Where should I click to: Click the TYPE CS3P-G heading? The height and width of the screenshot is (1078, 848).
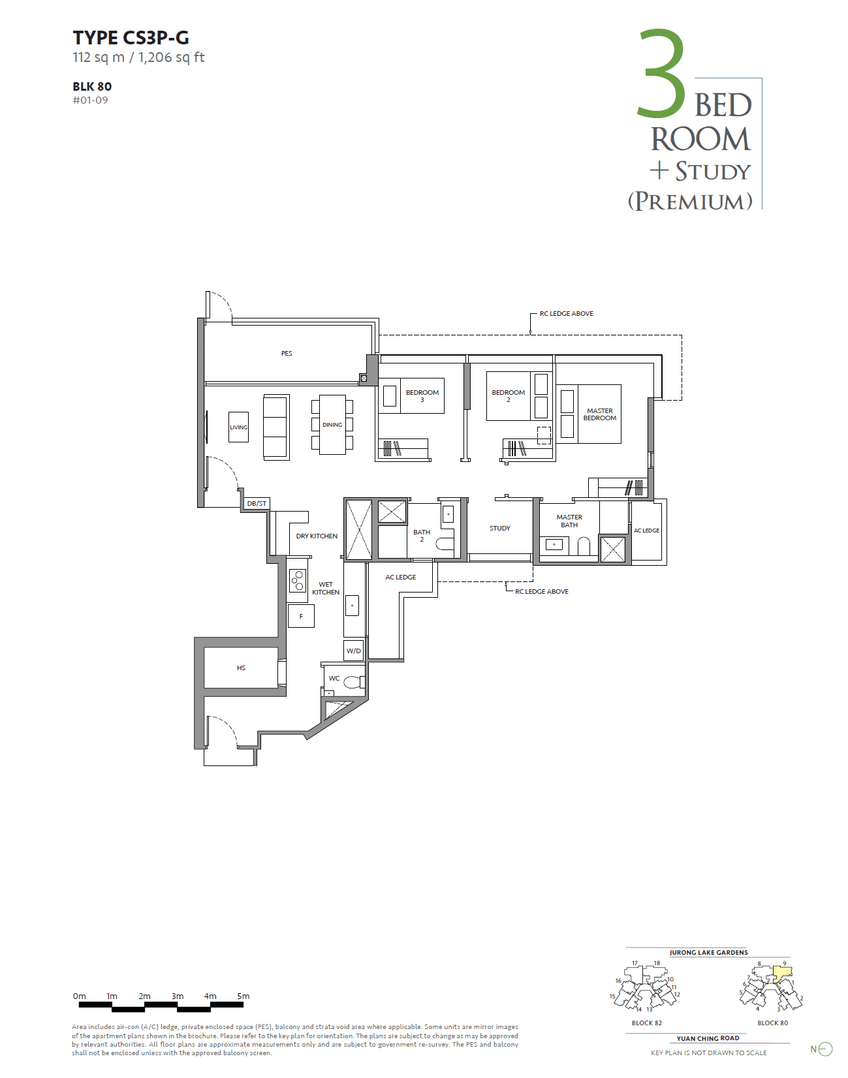pos(131,38)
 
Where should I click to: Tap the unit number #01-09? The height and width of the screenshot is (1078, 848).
pos(90,100)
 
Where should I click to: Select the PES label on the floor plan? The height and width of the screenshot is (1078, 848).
pos(287,353)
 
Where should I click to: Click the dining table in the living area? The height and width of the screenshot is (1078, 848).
pos(332,425)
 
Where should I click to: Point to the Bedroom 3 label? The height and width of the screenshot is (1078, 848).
pos(422,395)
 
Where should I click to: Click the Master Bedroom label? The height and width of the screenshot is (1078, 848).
pos(599,414)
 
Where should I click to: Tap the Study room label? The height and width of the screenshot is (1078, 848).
pos(500,528)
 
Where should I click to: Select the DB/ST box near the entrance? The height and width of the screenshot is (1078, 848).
pos(256,504)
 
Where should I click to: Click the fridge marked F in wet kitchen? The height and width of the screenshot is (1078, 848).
pos(301,616)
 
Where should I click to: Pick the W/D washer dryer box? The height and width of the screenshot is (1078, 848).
pos(354,651)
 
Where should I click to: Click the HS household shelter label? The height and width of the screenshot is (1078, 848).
pos(241,668)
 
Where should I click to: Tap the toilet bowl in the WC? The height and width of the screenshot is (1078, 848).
pos(353,683)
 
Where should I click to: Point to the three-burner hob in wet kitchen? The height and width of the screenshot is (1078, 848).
pos(298,580)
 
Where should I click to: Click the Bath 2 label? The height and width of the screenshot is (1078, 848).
pos(422,536)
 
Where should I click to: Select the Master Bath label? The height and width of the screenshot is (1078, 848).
pos(569,521)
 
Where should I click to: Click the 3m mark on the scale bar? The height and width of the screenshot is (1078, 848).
pos(178,996)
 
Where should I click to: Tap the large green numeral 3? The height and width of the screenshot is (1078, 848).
pos(661,75)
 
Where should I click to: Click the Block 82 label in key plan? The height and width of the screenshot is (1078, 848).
pos(646,1023)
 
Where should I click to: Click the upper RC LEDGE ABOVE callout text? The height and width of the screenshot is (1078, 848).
pos(566,314)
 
